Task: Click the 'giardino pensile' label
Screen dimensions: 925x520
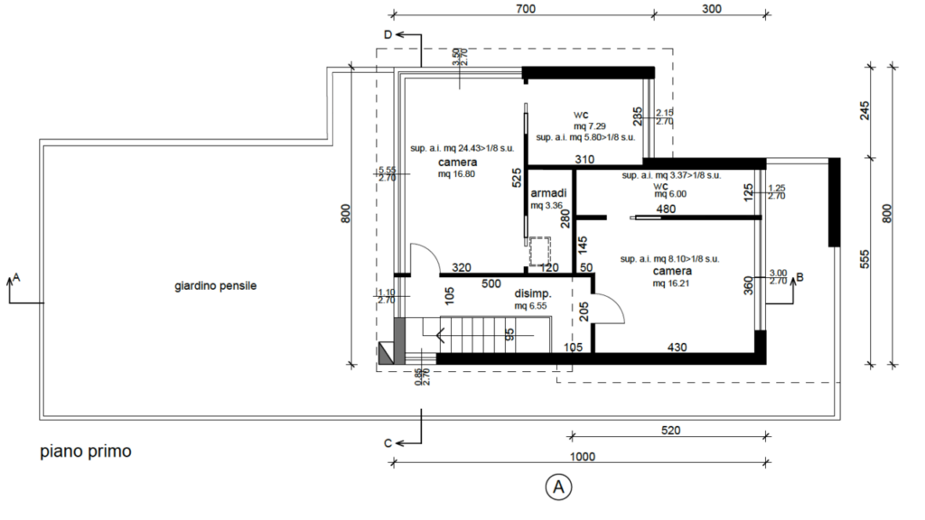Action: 215,286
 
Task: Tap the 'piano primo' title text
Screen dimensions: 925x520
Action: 86,451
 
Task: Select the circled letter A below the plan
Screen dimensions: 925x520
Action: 558,487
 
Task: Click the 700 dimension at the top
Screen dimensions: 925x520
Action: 526,9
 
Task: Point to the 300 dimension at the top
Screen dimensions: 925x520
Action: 712,9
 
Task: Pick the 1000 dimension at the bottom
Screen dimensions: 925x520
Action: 583,457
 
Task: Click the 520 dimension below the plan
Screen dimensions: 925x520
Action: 671,431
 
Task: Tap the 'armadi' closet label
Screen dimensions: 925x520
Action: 548,193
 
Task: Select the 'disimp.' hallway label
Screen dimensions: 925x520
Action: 533,293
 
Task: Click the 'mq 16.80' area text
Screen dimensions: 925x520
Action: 456,174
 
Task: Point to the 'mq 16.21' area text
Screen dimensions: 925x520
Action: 671,283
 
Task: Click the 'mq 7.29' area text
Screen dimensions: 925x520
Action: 589,126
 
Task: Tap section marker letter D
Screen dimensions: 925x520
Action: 388,35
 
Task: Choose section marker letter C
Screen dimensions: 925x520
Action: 388,443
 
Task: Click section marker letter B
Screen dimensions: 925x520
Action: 800,276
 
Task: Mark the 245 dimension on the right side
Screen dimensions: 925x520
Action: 864,111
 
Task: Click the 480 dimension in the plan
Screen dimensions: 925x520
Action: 666,209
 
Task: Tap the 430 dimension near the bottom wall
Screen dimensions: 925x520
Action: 677,348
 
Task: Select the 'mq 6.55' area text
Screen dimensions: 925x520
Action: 530,306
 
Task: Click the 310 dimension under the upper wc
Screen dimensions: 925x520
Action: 584,159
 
